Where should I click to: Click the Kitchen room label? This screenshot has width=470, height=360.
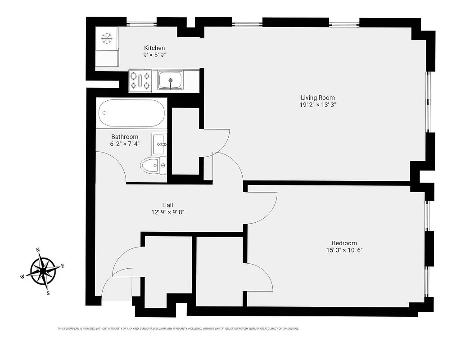click(154, 48)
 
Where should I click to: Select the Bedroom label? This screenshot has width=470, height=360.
click(344, 243)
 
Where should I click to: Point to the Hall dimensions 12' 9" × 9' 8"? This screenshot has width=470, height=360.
click(168, 212)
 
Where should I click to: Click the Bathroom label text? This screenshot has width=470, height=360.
click(125, 137)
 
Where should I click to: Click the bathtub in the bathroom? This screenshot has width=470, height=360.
click(131, 113)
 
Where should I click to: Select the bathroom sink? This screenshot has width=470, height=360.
click(159, 144)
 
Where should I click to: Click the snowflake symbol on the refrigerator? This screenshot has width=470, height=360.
click(107, 39)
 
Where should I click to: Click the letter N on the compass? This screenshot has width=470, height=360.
click(38, 250)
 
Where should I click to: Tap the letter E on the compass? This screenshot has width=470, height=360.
click(63, 266)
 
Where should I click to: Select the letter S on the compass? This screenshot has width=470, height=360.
click(48, 293)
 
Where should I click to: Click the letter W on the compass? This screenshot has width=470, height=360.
click(22, 277)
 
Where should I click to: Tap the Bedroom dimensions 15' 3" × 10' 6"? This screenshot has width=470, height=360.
click(344, 250)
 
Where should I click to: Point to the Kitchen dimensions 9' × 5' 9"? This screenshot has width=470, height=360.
click(154, 55)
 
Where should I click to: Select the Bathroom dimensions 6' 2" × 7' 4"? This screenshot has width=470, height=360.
click(125, 144)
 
